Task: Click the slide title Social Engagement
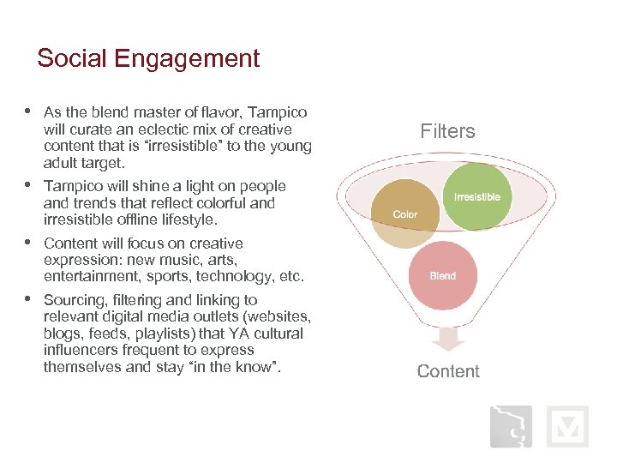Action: [x=148, y=58]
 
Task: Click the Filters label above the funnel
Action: [x=447, y=131]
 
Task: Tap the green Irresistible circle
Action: [x=477, y=197]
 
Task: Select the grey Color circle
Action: [x=405, y=213]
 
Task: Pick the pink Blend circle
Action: [x=442, y=276]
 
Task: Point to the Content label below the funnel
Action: [x=447, y=371]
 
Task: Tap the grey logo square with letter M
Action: [x=567, y=427]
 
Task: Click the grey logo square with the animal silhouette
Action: [x=511, y=427]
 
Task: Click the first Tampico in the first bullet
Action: [x=278, y=112]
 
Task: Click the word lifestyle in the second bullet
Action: [x=189, y=219]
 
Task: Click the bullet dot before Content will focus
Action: [x=28, y=243]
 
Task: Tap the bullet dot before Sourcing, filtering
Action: [x=28, y=299]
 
